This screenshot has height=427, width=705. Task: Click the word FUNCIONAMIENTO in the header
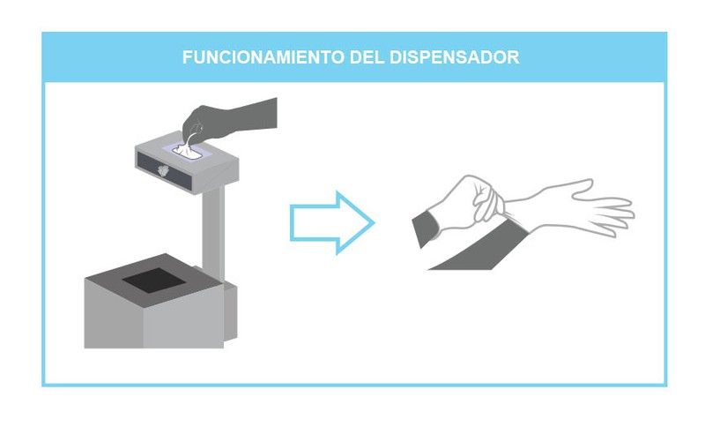point(263,57)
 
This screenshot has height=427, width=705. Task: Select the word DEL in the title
point(367,57)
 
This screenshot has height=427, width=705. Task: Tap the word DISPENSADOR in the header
point(455,57)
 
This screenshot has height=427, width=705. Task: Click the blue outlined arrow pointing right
point(332,222)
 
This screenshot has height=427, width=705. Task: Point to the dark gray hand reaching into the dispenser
point(229,119)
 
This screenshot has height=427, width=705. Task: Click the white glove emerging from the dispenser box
point(189,147)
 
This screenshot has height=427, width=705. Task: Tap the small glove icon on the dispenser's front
point(163,170)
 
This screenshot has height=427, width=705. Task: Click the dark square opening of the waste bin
point(153,281)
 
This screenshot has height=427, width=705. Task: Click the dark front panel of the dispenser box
point(165,170)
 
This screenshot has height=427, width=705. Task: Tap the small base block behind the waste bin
point(230,311)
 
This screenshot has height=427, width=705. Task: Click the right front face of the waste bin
point(183,318)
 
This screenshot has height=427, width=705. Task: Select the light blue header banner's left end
point(44,57)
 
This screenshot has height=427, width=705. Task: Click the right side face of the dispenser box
point(216,176)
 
